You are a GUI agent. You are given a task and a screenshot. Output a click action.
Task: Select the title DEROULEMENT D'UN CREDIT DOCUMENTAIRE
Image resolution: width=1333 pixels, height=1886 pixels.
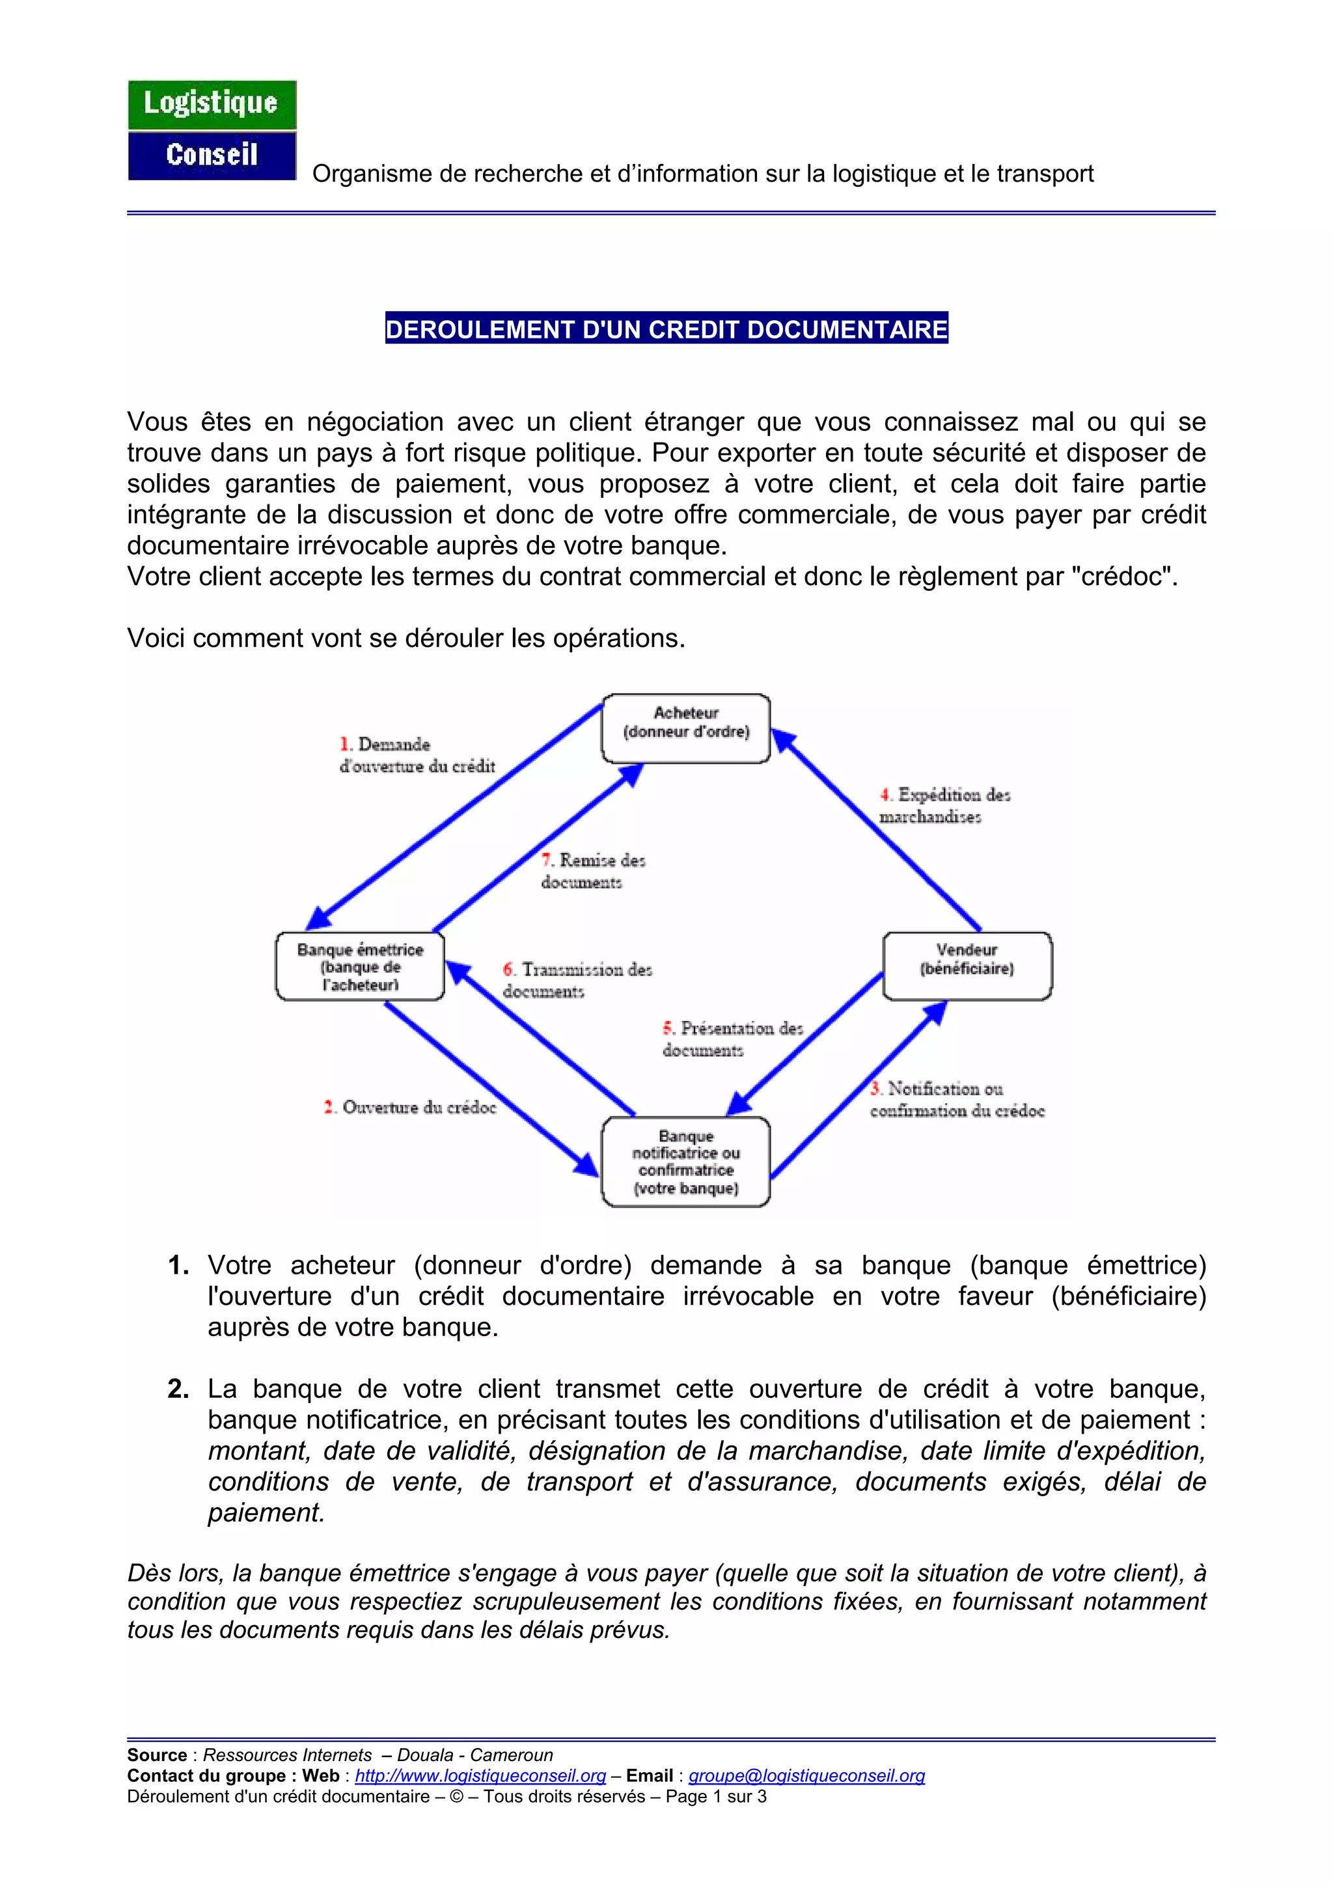point(666,329)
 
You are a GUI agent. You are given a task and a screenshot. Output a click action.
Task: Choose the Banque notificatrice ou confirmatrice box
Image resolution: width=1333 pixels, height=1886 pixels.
point(686,1162)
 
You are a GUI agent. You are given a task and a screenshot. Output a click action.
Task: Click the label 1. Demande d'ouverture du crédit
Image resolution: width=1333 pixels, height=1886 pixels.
point(417,755)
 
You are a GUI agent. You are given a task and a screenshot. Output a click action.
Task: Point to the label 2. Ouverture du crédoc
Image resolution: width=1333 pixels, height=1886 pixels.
point(410,1107)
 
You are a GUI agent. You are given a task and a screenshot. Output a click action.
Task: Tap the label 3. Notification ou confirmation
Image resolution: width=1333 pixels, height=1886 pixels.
point(956,1099)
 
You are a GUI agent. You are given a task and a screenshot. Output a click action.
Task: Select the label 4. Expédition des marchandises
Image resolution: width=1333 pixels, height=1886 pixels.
point(944,805)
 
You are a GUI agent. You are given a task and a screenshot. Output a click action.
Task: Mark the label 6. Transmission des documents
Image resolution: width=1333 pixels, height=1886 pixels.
point(577,980)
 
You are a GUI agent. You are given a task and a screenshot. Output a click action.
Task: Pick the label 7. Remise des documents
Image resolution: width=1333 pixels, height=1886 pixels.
point(593,871)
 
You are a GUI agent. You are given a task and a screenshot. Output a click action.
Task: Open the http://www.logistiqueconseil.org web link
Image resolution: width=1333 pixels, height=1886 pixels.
point(480,1776)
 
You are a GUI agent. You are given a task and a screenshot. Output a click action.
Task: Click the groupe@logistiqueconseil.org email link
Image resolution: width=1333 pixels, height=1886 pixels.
point(806,1776)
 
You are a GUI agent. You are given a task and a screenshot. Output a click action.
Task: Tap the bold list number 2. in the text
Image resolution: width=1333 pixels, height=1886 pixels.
point(178,1389)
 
